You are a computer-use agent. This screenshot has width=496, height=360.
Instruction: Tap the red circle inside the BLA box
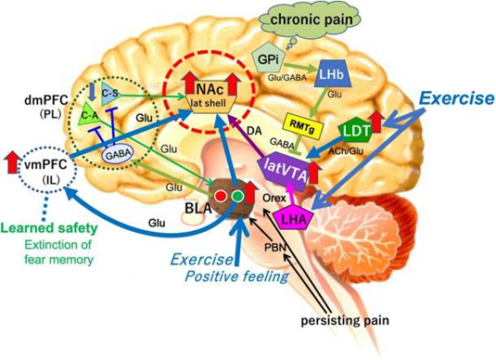[223, 196]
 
